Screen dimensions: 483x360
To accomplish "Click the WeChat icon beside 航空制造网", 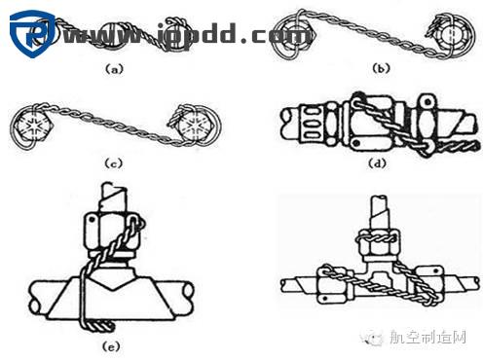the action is tap(375, 337).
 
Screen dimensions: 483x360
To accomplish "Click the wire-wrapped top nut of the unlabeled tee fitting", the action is tap(376, 239).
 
